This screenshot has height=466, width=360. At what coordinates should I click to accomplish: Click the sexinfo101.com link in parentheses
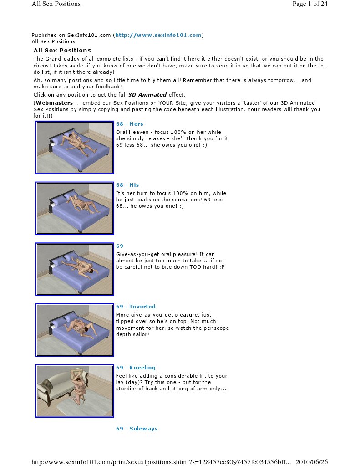tap(158, 35)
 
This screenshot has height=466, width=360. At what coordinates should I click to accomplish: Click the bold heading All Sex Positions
tap(62, 51)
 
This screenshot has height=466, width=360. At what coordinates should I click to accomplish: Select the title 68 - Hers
tap(130, 124)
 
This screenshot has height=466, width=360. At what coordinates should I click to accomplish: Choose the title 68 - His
tap(127, 185)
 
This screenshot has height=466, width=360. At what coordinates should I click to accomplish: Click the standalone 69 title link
tap(120, 246)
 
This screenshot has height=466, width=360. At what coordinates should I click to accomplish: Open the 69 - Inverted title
tap(136, 307)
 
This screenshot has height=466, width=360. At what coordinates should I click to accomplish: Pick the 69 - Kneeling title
tap(136, 368)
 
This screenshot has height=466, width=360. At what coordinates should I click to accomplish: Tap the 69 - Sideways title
tap(137, 429)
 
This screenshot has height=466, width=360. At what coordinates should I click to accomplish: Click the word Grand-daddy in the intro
tap(61, 59)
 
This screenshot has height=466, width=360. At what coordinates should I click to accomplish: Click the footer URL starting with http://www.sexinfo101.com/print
tap(162, 462)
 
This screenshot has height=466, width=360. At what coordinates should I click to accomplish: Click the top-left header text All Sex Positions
tap(56, 4)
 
